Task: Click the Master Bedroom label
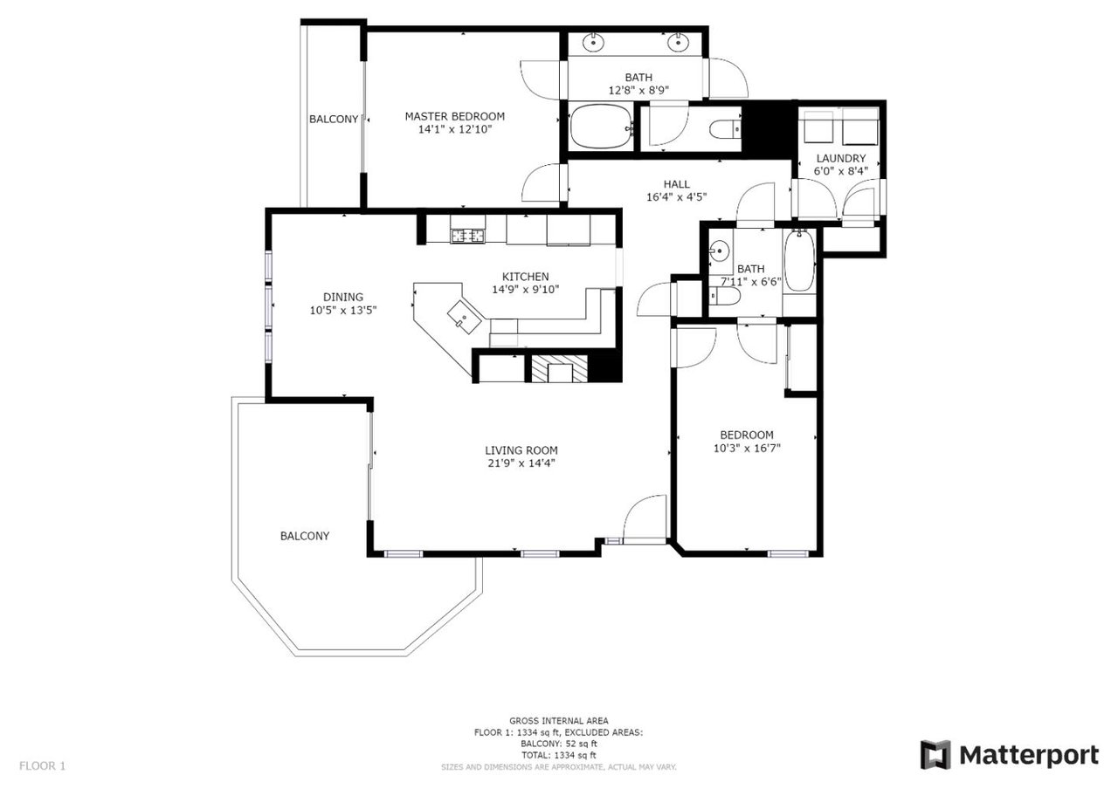click(x=454, y=116)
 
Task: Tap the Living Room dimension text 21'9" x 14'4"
click(x=521, y=463)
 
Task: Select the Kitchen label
click(x=525, y=277)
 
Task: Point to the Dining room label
click(x=343, y=297)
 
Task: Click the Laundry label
click(x=840, y=158)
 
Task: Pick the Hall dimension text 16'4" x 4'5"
click(x=676, y=197)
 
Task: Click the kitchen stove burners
click(x=467, y=236)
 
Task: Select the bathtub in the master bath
click(x=601, y=127)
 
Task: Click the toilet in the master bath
click(x=725, y=129)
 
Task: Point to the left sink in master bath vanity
click(x=593, y=42)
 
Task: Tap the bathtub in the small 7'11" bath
click(x=799, y=260)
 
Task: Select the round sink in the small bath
click(x=719, y=250)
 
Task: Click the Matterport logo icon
click(x=935, y=755)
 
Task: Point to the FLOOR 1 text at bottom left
click(x=43, y=765)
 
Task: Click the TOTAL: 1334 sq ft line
click(x=558, y=755)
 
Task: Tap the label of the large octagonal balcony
click(x=305, y=536)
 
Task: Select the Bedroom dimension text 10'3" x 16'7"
click(x=747, y=448)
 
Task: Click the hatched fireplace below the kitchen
click(x=559, y=368)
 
